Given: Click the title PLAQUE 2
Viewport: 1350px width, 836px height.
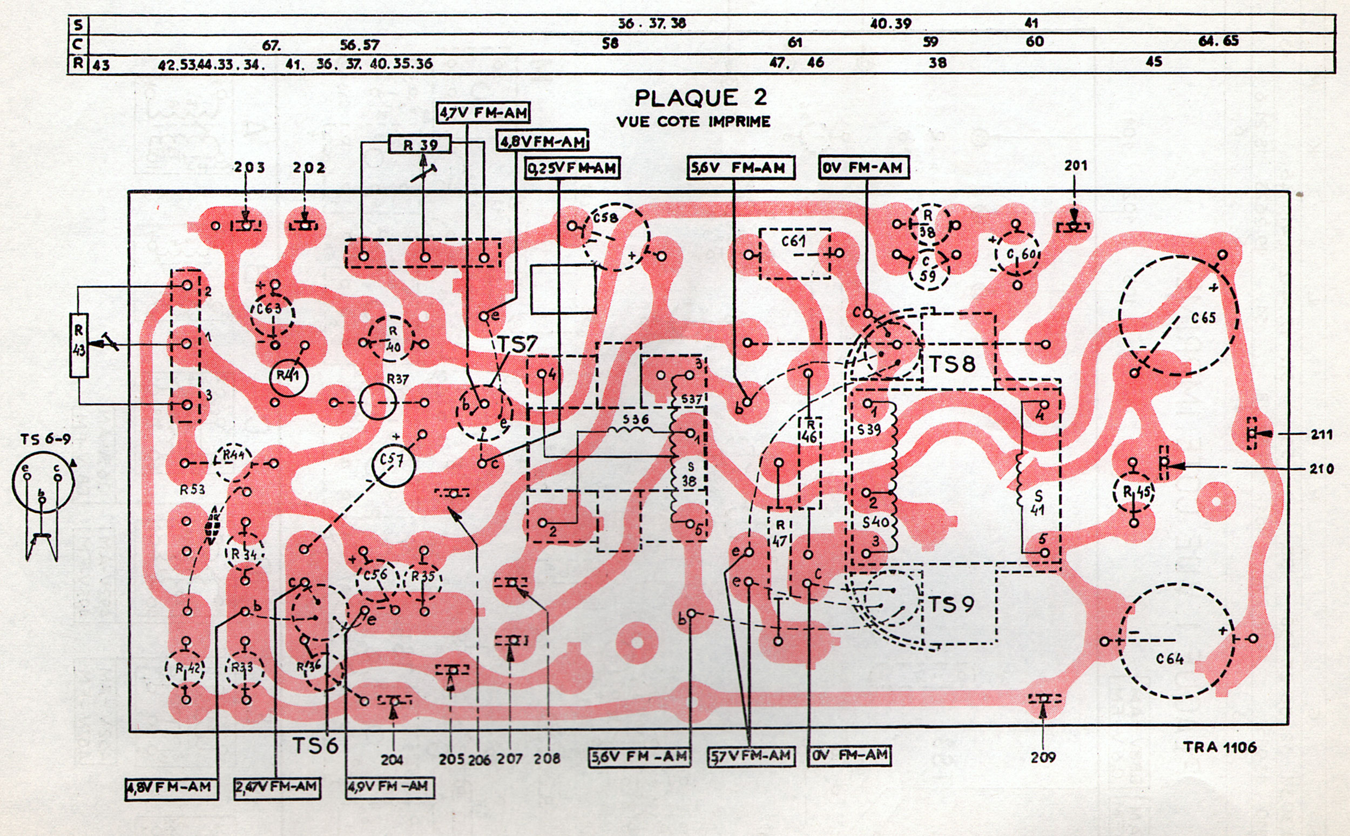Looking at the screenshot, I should (x=700, y=98).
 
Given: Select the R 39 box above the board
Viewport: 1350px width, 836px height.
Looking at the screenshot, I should (x=420, y=145).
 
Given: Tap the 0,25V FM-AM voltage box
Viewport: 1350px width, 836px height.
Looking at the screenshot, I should (x=572, y=168).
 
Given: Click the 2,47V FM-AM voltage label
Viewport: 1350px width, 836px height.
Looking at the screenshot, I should (x=277, y=787).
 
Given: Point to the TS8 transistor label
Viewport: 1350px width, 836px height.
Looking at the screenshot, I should (x=952, y=365).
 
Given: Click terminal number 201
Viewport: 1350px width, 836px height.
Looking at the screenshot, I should (x=1075, y=165).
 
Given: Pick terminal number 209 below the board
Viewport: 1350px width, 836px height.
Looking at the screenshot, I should (x=1043, y=757).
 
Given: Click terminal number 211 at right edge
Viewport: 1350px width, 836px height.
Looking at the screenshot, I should (x=1322, y=435).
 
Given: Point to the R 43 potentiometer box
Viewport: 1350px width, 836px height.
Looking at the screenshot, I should (x=79, y=345).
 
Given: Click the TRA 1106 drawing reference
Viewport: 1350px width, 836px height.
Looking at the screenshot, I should (x=1219, y=747).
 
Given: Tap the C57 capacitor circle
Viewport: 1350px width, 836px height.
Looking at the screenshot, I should (x=394, y=466).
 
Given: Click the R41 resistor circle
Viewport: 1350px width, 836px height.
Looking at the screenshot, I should (x=288, y=376).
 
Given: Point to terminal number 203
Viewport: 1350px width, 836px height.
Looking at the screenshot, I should (x=249, y=167).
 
